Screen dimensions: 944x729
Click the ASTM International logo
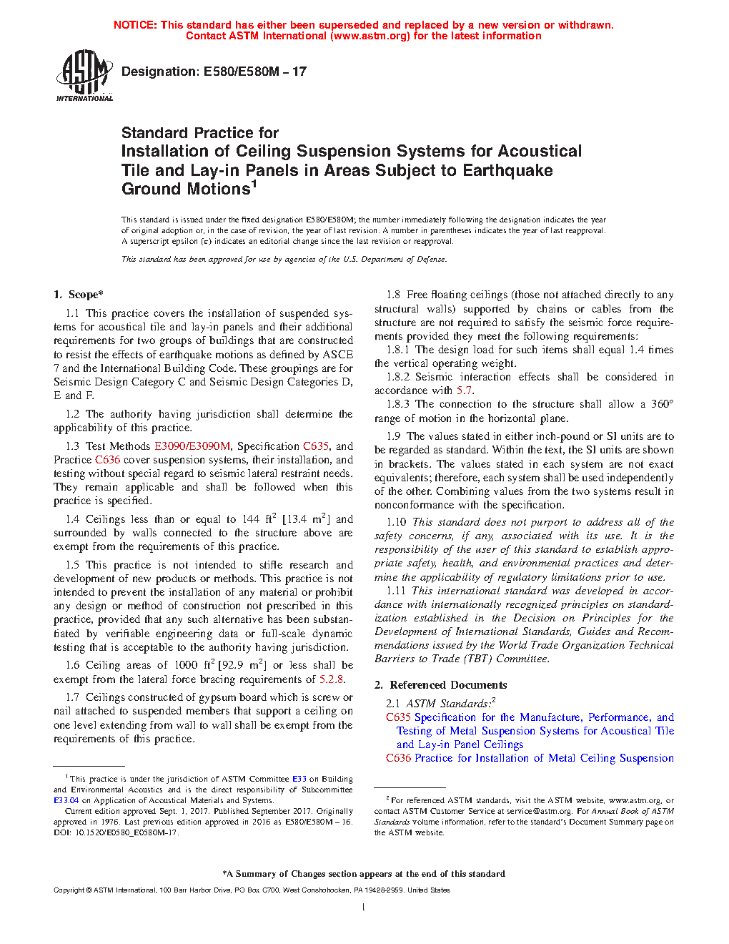84,75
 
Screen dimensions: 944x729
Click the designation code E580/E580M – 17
254,72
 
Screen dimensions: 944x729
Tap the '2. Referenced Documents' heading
440,685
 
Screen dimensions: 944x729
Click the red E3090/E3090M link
192,446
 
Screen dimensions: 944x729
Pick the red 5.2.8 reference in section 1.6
331,679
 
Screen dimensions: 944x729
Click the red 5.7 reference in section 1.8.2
464,390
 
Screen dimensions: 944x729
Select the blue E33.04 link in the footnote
66,800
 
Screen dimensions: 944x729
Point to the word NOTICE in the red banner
135,25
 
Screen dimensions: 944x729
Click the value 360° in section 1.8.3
661,405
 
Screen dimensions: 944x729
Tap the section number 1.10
396,522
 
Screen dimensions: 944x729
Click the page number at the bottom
364,908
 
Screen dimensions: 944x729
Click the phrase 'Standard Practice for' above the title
200,133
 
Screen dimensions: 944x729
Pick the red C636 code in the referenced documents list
398,758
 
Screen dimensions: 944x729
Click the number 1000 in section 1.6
185,665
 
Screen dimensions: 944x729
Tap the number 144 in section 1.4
250,519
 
